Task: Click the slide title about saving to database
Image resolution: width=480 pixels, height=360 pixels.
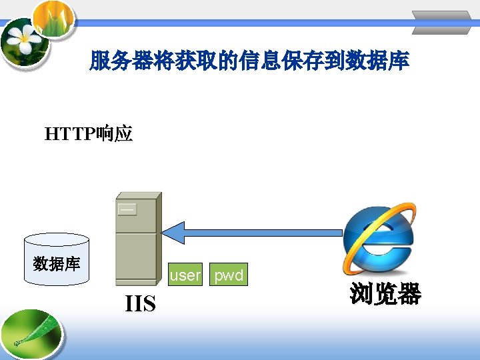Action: click(x=249, y=62)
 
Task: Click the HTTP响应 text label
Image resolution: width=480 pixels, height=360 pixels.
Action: click(x=89, y=135)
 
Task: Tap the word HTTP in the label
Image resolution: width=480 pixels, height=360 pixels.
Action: click(x=70, y=135)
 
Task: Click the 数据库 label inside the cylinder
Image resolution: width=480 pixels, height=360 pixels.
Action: click(x=56, y=264)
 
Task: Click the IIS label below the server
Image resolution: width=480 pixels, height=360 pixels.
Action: click(x=141, y=304)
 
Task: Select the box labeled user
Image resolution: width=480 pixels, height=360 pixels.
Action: click(x=185, y=275)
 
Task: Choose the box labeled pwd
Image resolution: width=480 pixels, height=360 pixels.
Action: click(x=229, y=275)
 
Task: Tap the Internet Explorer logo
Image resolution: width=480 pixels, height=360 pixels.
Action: click(x=379, y=239)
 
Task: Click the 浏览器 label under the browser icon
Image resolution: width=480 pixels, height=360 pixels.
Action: click(x=385, y=294)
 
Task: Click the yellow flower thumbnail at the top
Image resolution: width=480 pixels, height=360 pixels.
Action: click(x=53, y=16)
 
